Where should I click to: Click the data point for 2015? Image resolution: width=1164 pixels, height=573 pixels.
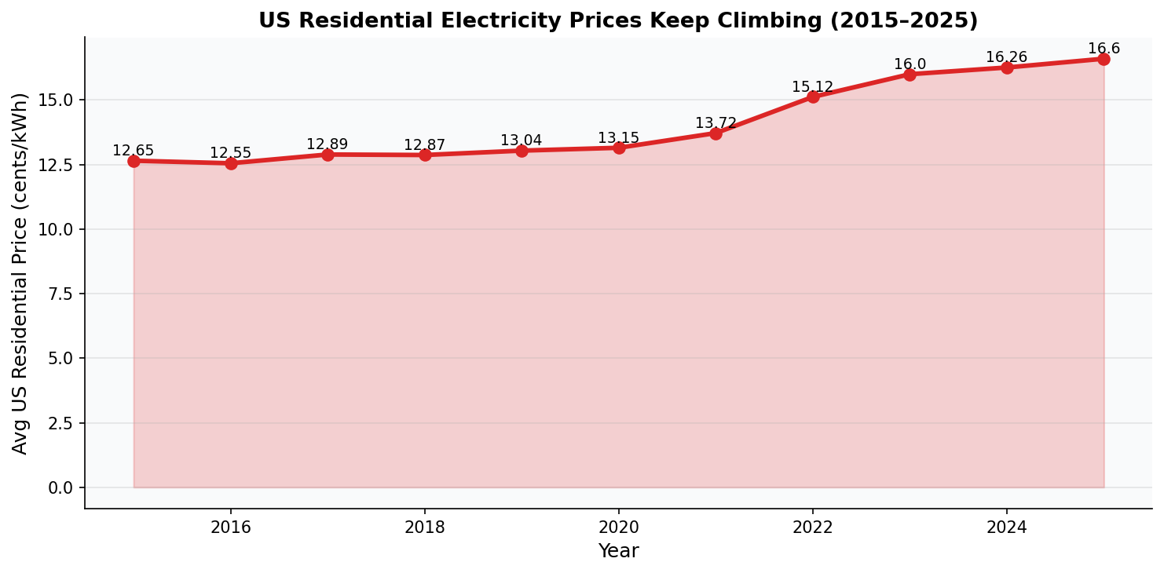pyautogui.click(x=134, y=161)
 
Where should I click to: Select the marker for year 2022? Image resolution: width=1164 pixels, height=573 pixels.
pyautogui.click(x=813, y=97)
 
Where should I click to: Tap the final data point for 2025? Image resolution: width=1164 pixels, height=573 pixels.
pyautogui.click(x=1104, y=59)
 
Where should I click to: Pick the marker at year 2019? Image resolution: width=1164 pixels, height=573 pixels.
pyautogui.click(x=522, y=151)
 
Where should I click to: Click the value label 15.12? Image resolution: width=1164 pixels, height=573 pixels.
pyautogui.click(x=812, y=87)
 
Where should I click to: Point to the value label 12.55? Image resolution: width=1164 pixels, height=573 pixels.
pyautogui.click(x=230, y=153)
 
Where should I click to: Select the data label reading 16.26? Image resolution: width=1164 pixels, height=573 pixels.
pyautogui.click(x=1006, y=57)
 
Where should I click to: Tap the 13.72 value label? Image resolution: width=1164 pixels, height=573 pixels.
pyautogui.click(x=716, y=123)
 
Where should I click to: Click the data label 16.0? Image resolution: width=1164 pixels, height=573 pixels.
pyautogui.click(x=910, y=64)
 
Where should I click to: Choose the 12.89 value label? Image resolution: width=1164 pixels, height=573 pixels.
pyautogui.click(x=327, y=144)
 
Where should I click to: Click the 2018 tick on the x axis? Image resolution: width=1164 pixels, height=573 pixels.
pyautogui.click(x=425, y=527)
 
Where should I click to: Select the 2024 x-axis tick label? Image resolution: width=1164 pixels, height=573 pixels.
pyautogui.click(x=1007, y=527)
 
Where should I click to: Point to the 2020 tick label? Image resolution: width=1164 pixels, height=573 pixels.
pyautogui.click(x=619, y=527)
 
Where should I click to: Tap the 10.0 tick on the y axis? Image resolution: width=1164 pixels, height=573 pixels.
pyautogui.click(x=61, y=229)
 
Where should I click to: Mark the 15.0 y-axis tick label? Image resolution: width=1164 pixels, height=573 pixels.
pyautogui.click(x=61, y=100)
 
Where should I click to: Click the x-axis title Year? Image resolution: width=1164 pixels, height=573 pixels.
pyautogui.click(x=619, y=551)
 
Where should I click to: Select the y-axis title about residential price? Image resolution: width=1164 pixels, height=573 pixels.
pyautogui.click(x=20, y=273)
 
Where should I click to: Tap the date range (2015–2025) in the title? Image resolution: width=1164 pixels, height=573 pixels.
pyautogui.click(x=906, y=21)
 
